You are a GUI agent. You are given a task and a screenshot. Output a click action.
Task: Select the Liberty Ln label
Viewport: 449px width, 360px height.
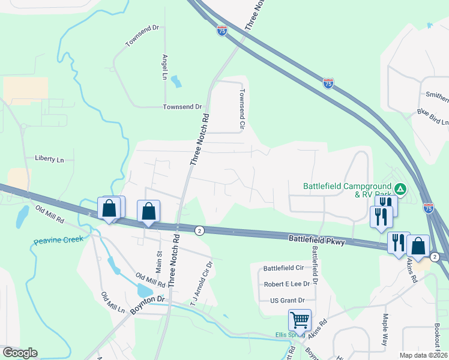49,160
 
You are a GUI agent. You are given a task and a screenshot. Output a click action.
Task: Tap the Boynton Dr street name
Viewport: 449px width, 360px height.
147,305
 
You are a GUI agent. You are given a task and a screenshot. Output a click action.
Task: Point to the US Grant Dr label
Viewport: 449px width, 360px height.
288,300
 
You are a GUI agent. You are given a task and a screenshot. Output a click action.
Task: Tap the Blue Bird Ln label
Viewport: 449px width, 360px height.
433,117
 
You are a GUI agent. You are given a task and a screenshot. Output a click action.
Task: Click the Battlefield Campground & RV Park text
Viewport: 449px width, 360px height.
347,190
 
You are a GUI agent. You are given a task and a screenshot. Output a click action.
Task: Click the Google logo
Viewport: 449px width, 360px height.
20,353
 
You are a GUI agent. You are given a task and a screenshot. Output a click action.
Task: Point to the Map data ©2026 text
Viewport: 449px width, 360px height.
424,355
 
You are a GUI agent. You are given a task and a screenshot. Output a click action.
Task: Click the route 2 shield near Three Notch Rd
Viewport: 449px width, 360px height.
199,230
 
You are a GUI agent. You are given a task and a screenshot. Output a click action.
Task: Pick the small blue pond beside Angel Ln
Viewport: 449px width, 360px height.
176,80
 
